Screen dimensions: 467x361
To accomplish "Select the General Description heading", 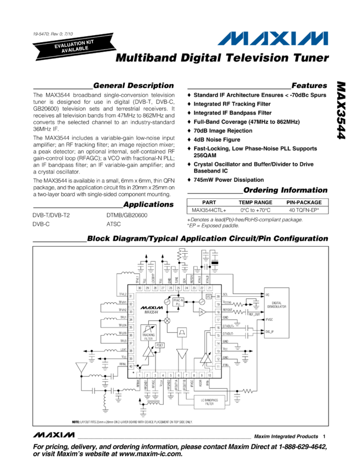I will pos(132,86).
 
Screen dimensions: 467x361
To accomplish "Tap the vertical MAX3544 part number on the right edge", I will pos(343,118).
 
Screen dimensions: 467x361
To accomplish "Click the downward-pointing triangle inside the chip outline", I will pos(181,354).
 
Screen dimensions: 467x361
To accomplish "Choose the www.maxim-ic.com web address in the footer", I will pos(148,454).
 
